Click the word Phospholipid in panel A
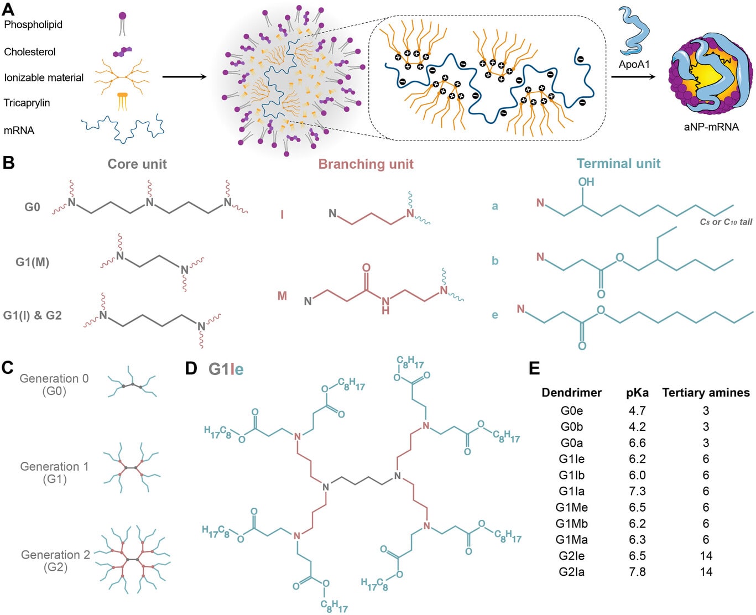coord(33,24)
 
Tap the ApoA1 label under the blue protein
coord(634,64)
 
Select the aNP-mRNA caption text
coord(711,127)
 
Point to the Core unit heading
coord(137,164)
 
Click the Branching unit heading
coord(366,164)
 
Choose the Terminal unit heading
coord(618,164)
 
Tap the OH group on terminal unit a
coord(586,181)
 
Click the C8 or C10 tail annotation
coord(726,222)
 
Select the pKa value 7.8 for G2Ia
coord(637,572)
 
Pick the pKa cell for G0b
coord(637,426)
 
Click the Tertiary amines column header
coord(706,393)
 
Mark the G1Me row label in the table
coord(571,507)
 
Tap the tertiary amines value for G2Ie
coord(706,556)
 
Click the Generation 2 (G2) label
coord(55,561)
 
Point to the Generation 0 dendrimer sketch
coord(132,382)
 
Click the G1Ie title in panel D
coord(226,369)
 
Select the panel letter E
coord(534,368)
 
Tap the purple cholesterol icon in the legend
coord(122,52)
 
